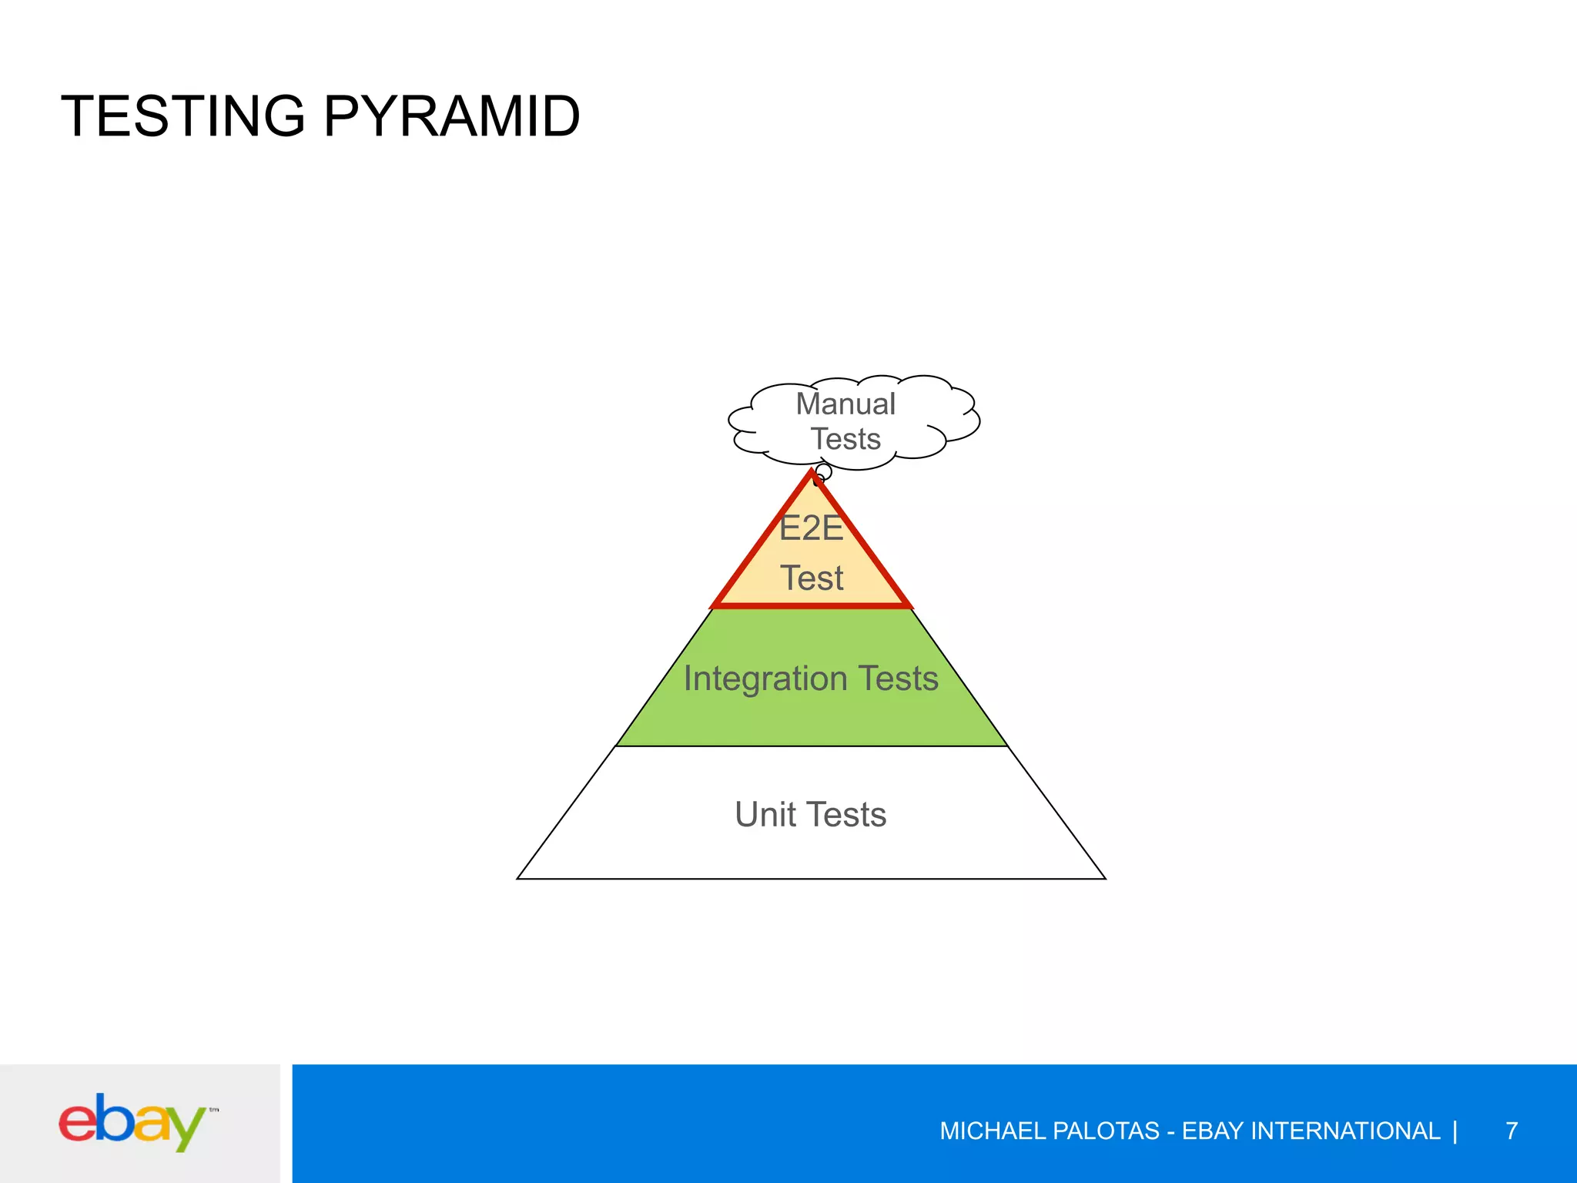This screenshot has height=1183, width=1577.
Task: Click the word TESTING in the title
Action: (183, 117)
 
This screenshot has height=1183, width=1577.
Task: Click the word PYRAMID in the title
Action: (451, 117)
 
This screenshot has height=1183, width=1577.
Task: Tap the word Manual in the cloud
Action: (845, 404)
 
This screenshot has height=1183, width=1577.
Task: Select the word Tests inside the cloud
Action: (845, 439)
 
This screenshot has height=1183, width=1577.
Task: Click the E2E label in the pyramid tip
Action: (811, 528)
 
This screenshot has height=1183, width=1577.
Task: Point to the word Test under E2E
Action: (812, 578)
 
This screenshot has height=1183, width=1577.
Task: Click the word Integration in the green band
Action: (765, 679)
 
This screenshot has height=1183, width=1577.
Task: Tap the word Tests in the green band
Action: (898, 679)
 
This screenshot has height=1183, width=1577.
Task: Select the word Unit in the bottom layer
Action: (765, 815)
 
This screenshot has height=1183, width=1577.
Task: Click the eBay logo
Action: (135, 1122)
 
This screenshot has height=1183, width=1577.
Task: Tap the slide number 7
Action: (1512, 1131)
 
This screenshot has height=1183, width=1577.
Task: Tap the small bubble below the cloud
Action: (823, 471)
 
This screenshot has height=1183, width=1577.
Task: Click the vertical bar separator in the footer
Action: (1455, 1131)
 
